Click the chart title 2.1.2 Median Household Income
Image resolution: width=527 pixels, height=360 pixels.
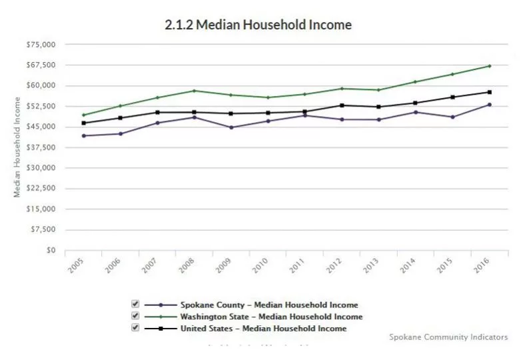(258, 25)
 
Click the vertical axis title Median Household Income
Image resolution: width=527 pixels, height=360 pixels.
(17, 148)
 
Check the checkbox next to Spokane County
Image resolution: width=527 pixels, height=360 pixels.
(135, 304)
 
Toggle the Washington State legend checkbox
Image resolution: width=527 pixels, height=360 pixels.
(135, 315)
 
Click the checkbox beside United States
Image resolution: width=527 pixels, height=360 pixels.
(135, 327)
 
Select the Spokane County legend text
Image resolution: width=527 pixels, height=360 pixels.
(268, 305)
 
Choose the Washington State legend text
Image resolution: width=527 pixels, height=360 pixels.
(271, 317)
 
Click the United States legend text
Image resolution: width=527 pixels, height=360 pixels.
(263, 328)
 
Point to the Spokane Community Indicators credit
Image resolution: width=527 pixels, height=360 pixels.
(448, 337)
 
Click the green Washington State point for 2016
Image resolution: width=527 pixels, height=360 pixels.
(490, 66)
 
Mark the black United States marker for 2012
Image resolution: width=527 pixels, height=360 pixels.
(342, 105)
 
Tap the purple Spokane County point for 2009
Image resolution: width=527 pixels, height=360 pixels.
(231, 127)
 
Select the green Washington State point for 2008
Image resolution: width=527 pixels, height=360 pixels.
(194, 91)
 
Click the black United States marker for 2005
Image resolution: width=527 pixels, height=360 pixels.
(83, 123)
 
